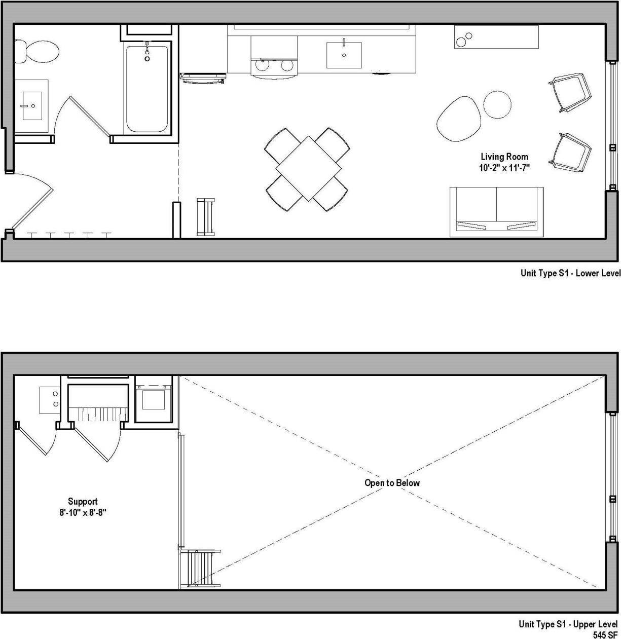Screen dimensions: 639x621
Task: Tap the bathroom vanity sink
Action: tap(32, 106)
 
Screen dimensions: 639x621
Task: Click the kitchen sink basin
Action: tap(344, 55)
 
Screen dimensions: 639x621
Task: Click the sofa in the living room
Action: tap(496, 211)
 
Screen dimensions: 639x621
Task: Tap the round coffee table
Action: tap(497, 104)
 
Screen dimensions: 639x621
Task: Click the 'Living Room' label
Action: tap(504, 157)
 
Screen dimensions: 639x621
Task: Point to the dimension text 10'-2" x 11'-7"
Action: tap(504, 167)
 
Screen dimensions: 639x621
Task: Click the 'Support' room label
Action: tap(83, 502)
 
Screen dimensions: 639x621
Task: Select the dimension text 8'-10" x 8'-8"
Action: tap(83, 512)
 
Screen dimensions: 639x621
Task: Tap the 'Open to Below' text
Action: tap(392, 483)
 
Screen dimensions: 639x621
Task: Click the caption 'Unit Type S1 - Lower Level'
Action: tap(570, 274)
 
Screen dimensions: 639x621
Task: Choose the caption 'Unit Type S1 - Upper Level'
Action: tap(568, 624)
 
